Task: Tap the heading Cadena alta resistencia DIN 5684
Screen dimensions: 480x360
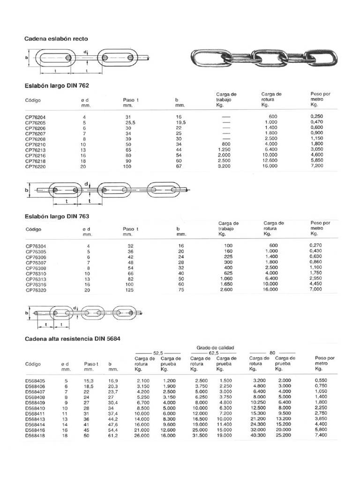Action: click(x=75, y=338)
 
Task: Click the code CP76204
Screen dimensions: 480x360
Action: click(x=36, y=116)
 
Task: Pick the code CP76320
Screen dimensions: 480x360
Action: click(x=36, y=290)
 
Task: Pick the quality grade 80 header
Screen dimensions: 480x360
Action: click(x=272, y=352)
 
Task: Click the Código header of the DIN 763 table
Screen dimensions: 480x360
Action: click(x=33, y=229)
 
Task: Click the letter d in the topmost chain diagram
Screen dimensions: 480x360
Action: click(x=86, y=52)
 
